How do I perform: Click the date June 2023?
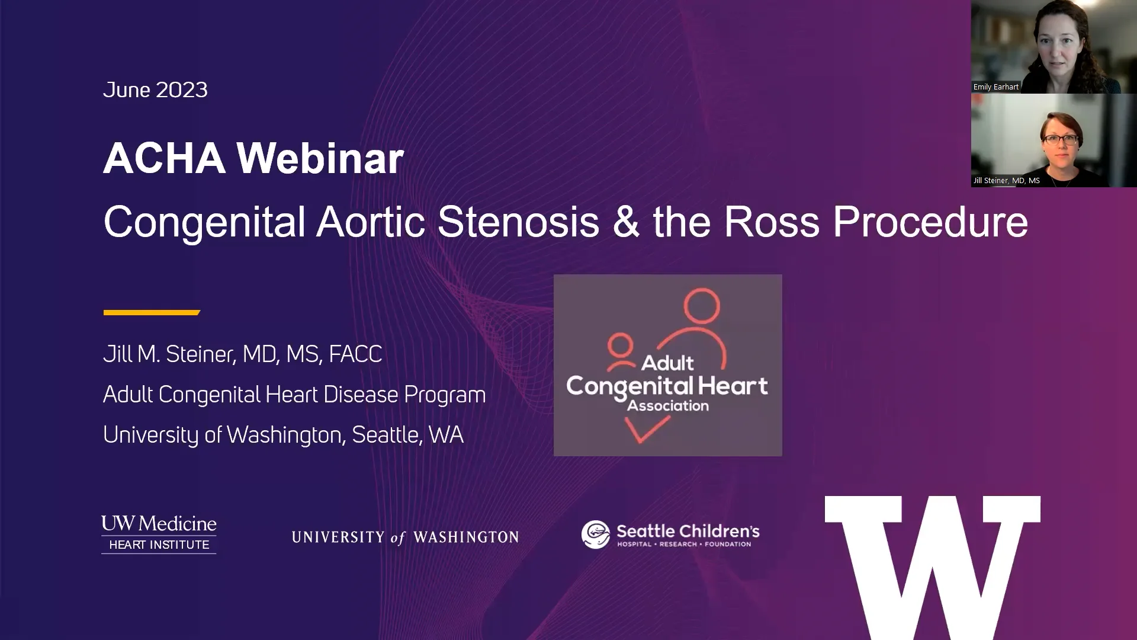(x=155, y=90)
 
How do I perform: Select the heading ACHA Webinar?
(x=253, y=159)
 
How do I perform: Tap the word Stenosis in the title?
(x=518, y=222)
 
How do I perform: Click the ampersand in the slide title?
(x=626, y=223)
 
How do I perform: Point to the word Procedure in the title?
(x=930, y=223)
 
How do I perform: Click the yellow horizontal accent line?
(x=152, y=312)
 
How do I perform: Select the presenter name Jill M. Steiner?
(x=169, y=354)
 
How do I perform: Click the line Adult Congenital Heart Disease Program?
(x=294, y=395)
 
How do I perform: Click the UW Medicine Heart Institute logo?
(x=159, y=534)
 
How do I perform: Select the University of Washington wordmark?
(x=405, y=537)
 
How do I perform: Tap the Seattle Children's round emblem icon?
(x=596, y=535)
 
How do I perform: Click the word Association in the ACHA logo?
(x=668, y=406)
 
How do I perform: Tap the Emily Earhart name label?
(x=996, y=87)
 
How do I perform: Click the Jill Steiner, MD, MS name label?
(x=1007, y=181)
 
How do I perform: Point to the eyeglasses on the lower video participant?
(x=1061, y=140)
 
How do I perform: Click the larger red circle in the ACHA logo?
(x=702, y=306)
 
